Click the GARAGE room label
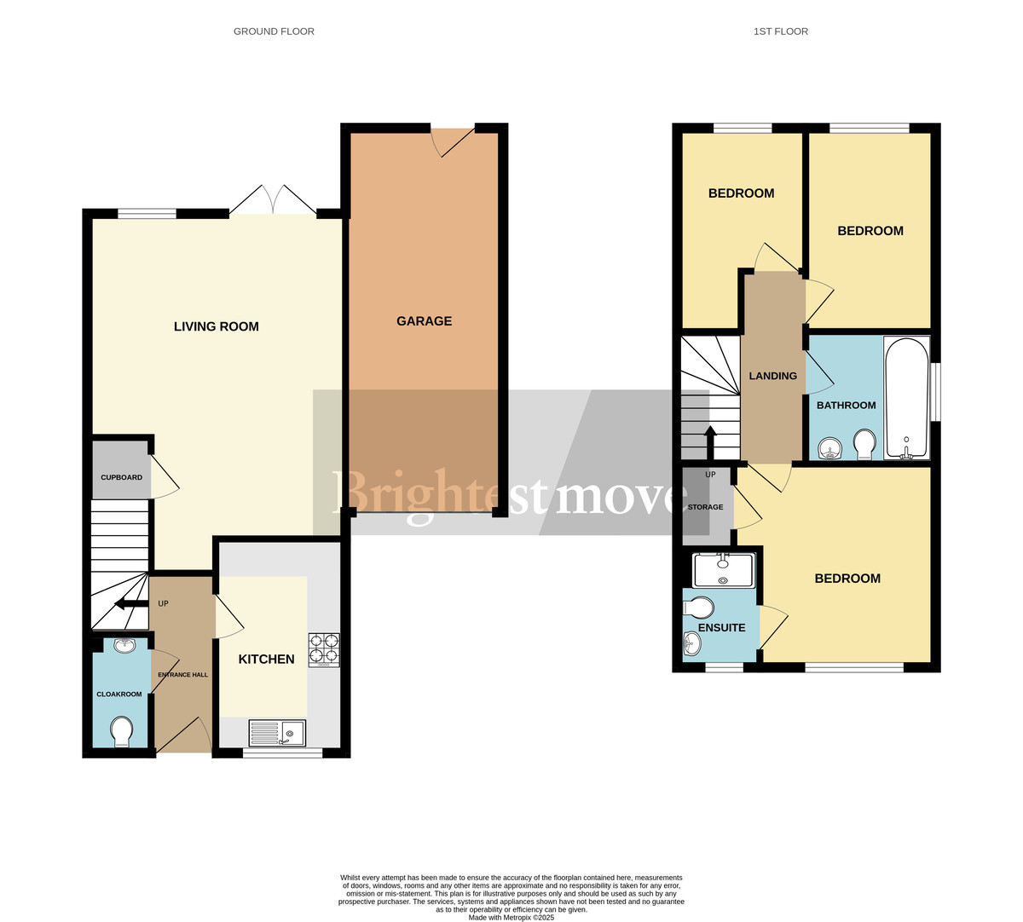[424, 321]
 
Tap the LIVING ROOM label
[216, 326]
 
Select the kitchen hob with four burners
[323, 649]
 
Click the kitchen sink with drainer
[277, 733]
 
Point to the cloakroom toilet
[122, 731]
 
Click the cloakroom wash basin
[124, 645]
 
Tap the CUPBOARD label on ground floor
[121, 477]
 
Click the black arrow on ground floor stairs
[130, 604]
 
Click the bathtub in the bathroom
[905, 399]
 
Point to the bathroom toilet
[864, 443]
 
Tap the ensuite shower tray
[724, 569]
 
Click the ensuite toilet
[699, 608]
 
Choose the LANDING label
[772, 376]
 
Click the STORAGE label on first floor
[705, 507]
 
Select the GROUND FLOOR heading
[274, 32]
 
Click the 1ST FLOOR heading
[780, 32]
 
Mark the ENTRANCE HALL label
[182, 675]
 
